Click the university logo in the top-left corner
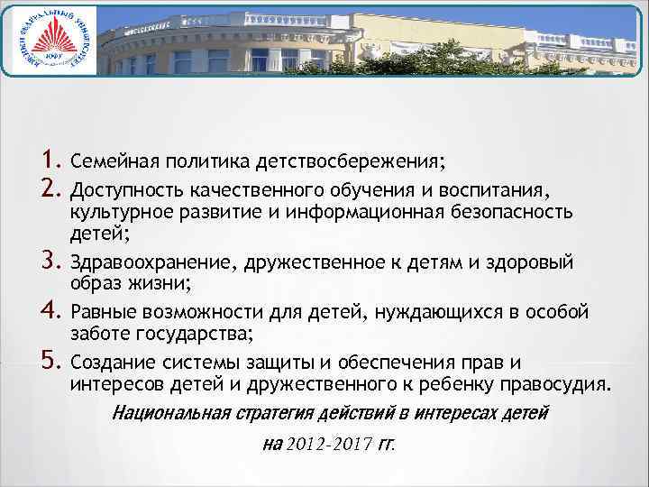point(49,44)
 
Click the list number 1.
point(50,162)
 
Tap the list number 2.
point(50,189)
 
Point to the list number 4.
point(50,312)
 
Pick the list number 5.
point(50,362)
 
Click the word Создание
point(108,363)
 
